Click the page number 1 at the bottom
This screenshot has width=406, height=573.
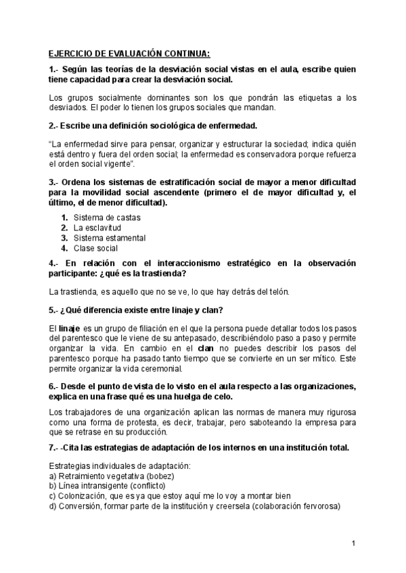[x=354, y=543]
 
